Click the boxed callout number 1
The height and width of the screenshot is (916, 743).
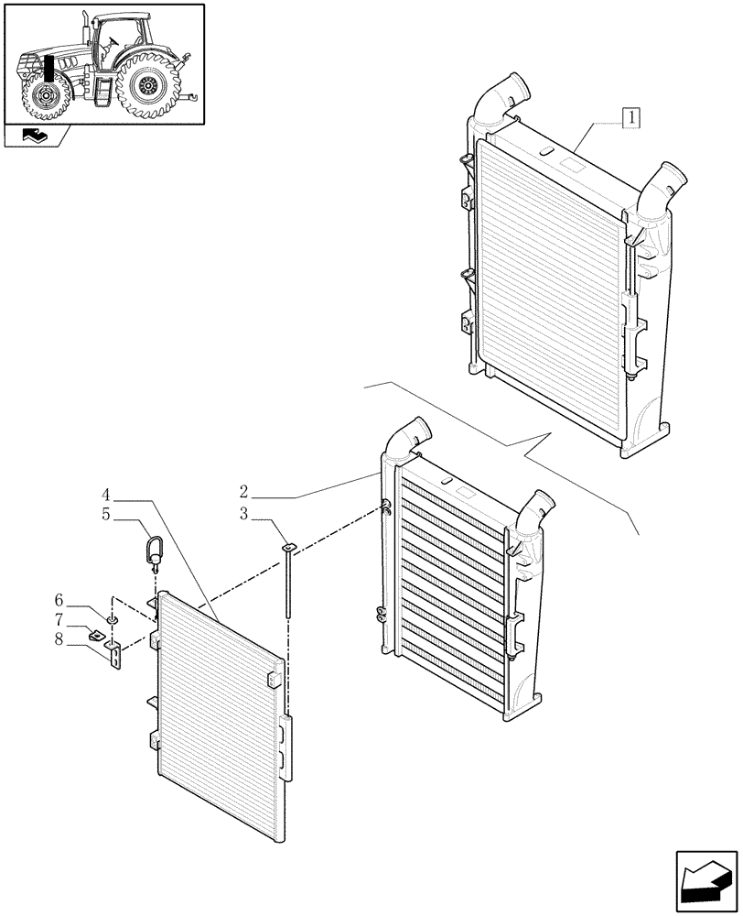click(631, 117)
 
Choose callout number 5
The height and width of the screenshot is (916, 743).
click(106, 515)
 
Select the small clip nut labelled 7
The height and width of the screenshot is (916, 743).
click(96, 633)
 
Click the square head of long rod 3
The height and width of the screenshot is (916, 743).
click(288, 547)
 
